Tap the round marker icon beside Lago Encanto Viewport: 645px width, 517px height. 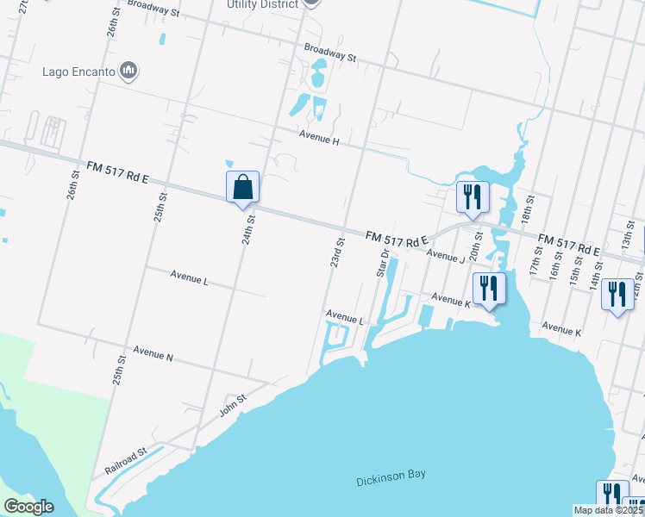129,71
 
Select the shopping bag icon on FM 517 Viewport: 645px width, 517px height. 242,187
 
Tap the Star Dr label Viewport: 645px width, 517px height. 383,263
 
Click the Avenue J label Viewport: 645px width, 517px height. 445,256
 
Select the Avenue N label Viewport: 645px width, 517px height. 153,354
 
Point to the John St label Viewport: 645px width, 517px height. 233,403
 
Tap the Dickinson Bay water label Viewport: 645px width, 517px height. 391,478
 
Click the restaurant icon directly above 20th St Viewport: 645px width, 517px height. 472,197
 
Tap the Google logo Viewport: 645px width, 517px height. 28,507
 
